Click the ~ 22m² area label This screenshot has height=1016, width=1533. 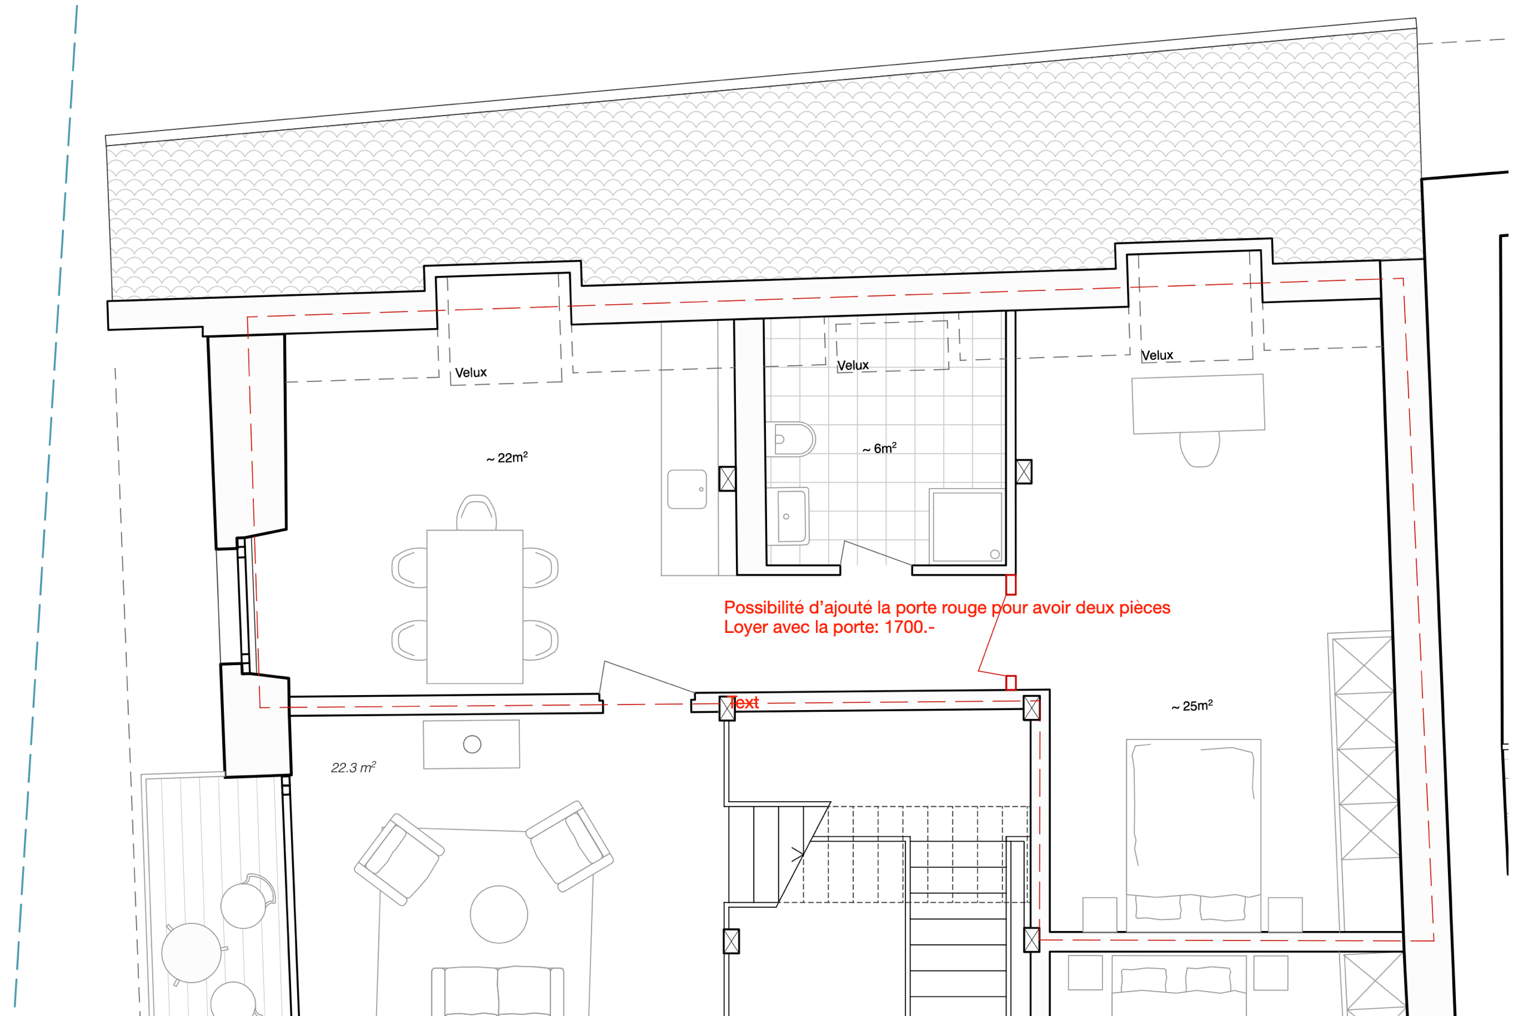(x=507, y=457)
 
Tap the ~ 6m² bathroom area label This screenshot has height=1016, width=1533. (x=879, y=448)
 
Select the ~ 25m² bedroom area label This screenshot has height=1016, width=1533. (x=1192, y=705)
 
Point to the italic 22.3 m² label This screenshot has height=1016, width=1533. (x=353, y=767)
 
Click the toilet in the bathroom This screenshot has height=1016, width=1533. (x=793, y=439)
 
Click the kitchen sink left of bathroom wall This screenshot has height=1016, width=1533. (x=687, y=489)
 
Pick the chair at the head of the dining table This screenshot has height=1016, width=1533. (x=476, y=512)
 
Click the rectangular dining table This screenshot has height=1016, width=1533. (x=475, y=606)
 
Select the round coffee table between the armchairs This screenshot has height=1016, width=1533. (x=498, y=914)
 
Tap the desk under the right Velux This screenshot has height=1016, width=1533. (x=1198, y=404)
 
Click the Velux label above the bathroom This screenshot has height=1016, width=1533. (x=853, y=365)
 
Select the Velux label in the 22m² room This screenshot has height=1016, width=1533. (x=471, y=372)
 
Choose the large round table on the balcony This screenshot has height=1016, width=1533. (x=191, y=953)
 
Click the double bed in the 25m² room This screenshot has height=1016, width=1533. (x=1193, y=836)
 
